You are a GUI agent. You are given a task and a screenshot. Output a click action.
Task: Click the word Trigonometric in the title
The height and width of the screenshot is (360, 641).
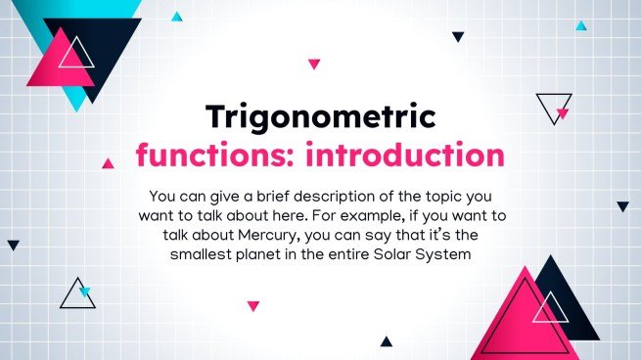point(320,117)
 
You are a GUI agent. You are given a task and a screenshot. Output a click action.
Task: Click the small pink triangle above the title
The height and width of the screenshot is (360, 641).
point(314,64)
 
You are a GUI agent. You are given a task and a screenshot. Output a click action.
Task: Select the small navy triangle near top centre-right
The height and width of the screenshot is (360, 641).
point(458,36)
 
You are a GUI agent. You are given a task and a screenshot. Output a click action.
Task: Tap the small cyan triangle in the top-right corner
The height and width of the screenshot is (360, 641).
point(581,26)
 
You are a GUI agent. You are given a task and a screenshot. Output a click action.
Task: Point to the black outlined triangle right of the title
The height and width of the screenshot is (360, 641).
point(553,105)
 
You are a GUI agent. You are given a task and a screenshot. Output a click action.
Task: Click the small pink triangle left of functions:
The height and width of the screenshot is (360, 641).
point(108,163)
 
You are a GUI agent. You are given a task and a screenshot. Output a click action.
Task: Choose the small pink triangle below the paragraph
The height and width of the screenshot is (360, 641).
point(253,306)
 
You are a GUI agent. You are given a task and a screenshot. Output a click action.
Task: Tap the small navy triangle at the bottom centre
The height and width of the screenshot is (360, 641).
point(386,341)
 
